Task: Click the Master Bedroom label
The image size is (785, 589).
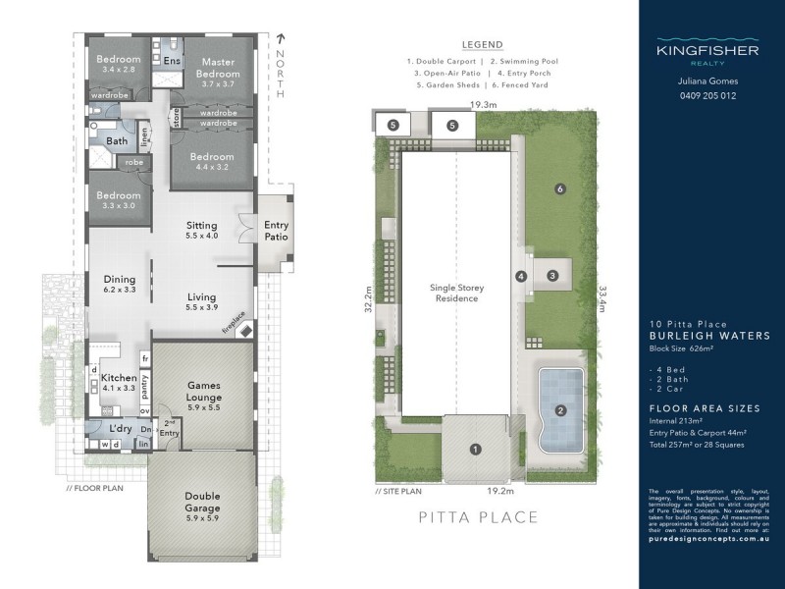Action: (x=218, y=66)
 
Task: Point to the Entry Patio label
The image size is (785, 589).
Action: (x=276, y=231)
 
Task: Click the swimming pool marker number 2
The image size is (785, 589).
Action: (x=560, y=409)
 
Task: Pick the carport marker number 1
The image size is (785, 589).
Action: (x=476, y=449)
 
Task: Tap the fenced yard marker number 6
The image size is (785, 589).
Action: (x=559, y=188)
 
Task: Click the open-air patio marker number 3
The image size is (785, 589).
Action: (x=552, y=276)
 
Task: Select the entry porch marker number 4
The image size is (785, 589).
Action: (x=522, y=277)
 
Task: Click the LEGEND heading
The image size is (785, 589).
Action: (x=482, y=45)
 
